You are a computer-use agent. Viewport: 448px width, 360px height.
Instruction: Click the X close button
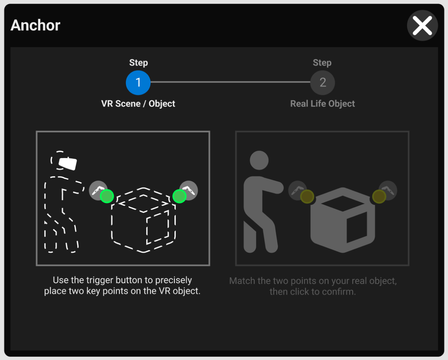[x=422, y=26]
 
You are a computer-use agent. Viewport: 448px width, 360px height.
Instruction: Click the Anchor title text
[x=35, y=25]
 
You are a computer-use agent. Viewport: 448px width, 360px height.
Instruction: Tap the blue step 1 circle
[x=138, y=83]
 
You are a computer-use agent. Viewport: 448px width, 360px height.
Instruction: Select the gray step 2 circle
[x=322, y=83]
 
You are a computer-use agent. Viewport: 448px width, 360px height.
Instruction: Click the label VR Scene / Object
[x=138, y=104]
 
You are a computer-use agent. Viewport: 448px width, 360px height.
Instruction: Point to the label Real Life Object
[x=322, y=104]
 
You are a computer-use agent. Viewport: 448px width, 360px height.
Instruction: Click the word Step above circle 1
[x=138, y=63]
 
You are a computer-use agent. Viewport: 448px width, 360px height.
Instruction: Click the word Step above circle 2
[x=322, y=63]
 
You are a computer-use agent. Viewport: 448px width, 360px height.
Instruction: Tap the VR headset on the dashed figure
[x=67, y=164]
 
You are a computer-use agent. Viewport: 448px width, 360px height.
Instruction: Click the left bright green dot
[x=107, y=196]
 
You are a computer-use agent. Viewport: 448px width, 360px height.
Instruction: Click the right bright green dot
[x=179, y=196]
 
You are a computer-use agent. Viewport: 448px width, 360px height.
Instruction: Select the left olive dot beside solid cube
[x=307, y=196]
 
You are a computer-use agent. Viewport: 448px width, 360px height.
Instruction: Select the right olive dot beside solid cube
[x=379, y=196]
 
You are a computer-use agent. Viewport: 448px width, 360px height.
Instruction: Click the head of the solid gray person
[x=259, y=160]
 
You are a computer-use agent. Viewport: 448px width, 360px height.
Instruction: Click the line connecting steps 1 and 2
[x=230, y=82]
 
